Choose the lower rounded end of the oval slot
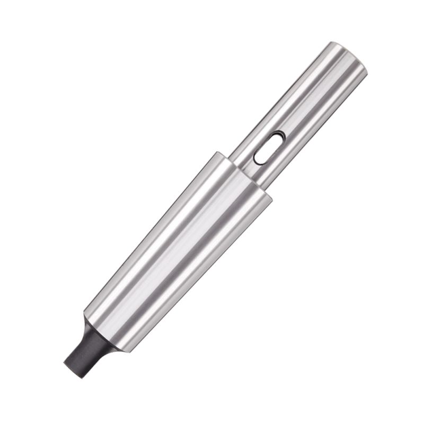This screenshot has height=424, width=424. click(x=258, y=159)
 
